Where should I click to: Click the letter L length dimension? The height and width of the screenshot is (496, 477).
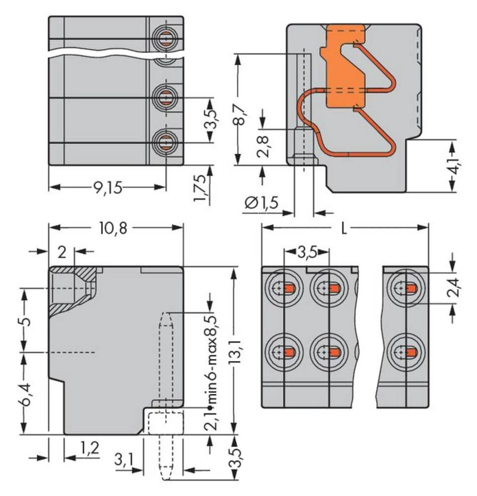344,228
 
